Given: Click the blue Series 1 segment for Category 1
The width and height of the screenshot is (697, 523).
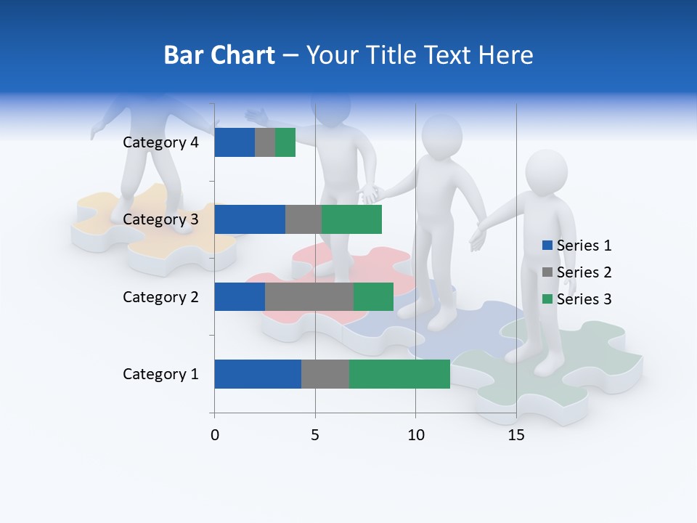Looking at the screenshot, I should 258,374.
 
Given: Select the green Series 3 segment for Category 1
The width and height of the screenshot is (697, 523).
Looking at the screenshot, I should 399,374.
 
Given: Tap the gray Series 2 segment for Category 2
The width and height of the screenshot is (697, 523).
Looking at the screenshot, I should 309,296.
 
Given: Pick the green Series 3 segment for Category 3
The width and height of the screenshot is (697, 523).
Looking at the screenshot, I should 351,219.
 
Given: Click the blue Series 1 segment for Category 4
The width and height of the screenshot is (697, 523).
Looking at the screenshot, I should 235,142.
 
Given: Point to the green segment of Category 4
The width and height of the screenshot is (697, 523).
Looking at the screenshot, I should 285,142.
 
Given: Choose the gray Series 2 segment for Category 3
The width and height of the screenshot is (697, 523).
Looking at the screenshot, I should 303,219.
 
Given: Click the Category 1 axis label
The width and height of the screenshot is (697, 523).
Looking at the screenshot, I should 160,374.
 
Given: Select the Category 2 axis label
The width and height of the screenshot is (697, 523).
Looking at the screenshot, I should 160,296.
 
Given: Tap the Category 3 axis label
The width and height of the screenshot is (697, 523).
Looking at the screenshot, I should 160,219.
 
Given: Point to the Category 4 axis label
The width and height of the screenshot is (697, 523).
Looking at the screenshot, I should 160,142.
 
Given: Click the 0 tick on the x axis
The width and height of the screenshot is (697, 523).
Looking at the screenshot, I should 214,435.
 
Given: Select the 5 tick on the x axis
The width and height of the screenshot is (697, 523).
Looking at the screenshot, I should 315,435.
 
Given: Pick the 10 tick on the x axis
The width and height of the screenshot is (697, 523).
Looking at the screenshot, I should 415,435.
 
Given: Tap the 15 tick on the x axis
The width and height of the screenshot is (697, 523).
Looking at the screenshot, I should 516,435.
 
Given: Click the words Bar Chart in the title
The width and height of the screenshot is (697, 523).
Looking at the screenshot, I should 219,55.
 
